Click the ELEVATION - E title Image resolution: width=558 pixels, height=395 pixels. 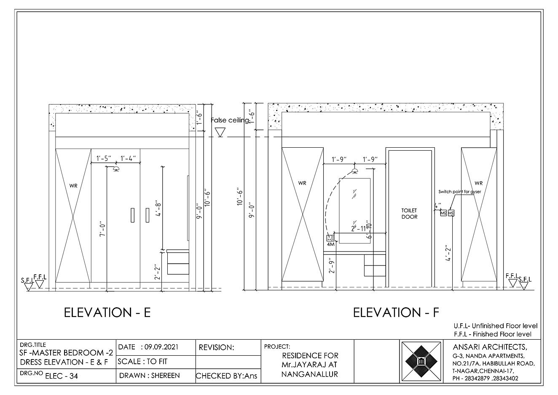click(x=107, y=313)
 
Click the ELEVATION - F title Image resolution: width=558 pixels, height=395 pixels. click(x=396, y=313)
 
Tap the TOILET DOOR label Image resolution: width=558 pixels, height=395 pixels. click(x=409, y=214)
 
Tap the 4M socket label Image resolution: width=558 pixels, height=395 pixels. click(x=330, y=244)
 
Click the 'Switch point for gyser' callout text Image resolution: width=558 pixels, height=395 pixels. click(x=459, y=192)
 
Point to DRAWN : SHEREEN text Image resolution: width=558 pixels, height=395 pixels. click(x=150, y=376)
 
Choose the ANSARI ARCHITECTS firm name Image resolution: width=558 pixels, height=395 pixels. click(x=490, y=347)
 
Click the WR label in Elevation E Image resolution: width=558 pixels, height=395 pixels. click(x=73, y=185)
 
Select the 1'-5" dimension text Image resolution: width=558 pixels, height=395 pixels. click(x=104, y=159)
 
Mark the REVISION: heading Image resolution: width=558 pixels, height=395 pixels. click(x=216, y=348)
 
